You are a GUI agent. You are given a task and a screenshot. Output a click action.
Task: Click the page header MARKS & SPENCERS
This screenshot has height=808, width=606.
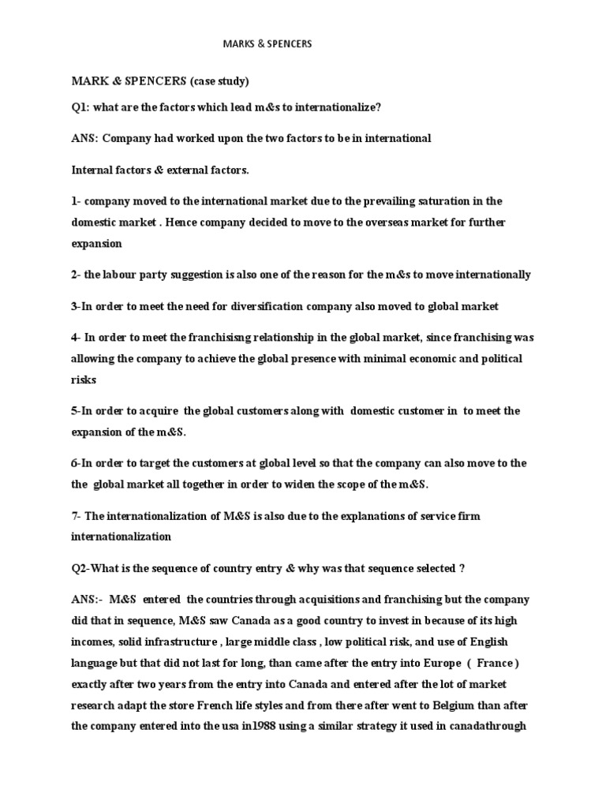[266, 43]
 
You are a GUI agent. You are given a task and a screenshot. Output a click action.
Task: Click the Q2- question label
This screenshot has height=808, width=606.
[82, 569]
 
